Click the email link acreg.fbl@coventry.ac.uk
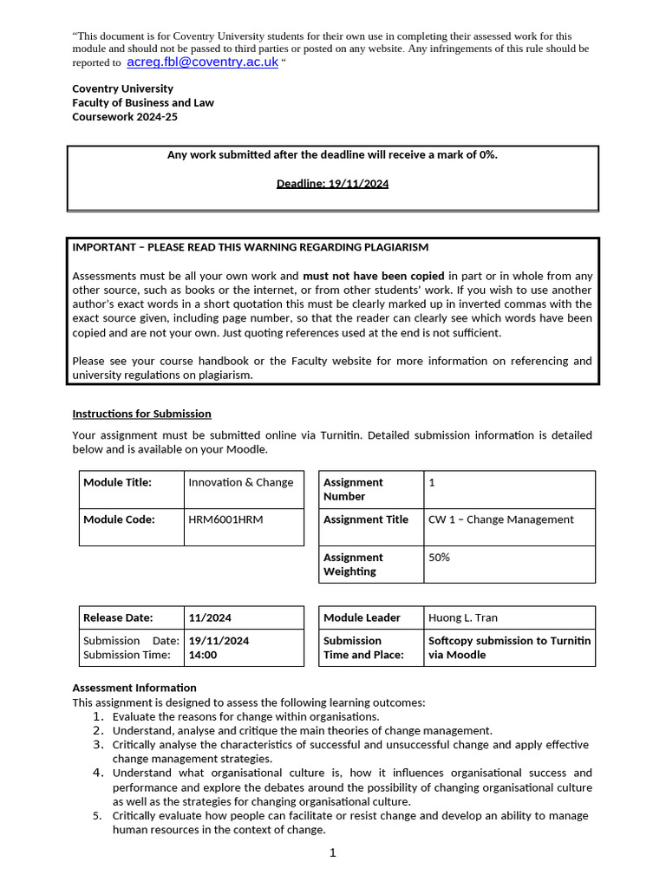(202, 62)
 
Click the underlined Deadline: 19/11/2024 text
(332, 183)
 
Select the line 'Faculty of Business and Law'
(143, 102)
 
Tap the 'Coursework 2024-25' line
(125, 116)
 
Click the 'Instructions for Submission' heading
(141, 414)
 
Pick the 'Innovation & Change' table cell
(240, 482)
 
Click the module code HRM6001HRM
(225, 519)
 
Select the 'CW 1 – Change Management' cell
(500, 519)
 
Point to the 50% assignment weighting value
(439, 558)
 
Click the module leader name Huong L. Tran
(462, 617)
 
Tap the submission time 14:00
(202, 655)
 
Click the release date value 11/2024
(210, 617)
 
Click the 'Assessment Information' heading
(134, 688)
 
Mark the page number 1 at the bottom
(332, 852)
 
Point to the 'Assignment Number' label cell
(353, 489)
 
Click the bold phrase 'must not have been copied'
(373, 276)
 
